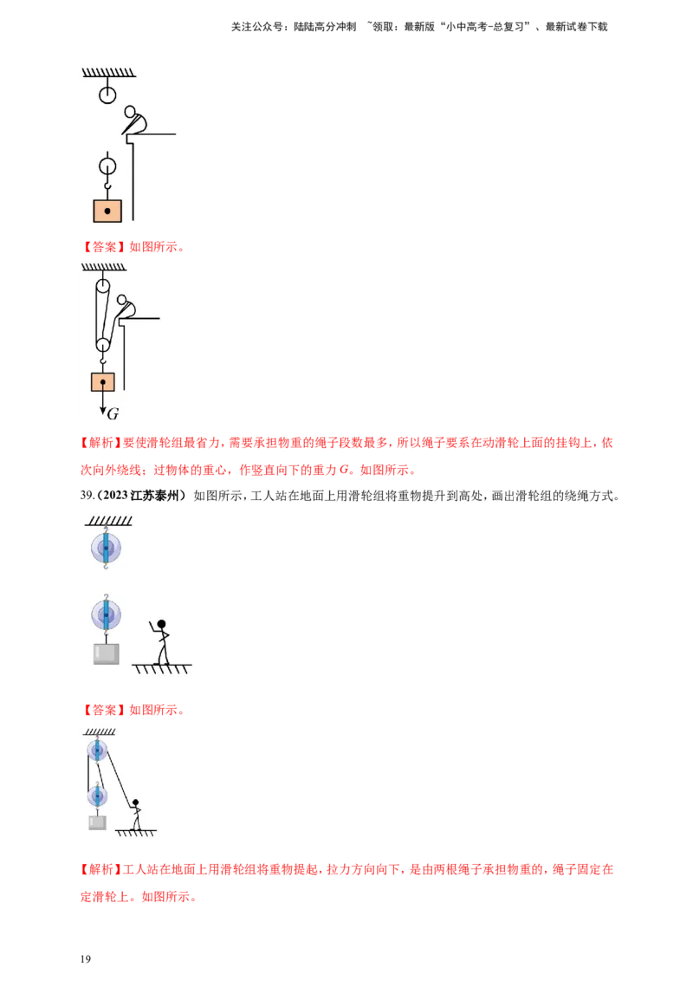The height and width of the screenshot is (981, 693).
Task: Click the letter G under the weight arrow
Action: pyautogui.click(x=113, y=413)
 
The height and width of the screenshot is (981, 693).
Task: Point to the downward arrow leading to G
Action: pyautogui.click(x=102, y=403)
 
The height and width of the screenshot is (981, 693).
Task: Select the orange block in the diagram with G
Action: pyautogui.click(x=103, y=381)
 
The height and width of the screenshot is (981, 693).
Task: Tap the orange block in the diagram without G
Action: pyautogui.click(x=107, y=211)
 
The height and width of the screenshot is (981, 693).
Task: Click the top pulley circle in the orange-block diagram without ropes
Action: pyautogui.click(x=107, y=94)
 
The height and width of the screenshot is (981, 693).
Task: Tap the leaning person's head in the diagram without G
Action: pyautogui.click(x=131, y=112)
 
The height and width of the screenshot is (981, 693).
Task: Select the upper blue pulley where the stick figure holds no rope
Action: pyautogui.click(x=107, y=547)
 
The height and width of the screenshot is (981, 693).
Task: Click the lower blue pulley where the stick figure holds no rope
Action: pyautogui.click(x=107, y=614)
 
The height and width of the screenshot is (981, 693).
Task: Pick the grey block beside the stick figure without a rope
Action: pyautogui.click(x=107, y=653)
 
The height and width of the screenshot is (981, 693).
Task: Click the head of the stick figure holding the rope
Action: pyautogui.click(x=135, y=802)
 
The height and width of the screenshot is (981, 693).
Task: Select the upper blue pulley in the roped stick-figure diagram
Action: pyautogui.click(x=97, y=750)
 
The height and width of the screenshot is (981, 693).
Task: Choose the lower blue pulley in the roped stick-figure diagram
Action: pyautogui.click(x=97, y=795)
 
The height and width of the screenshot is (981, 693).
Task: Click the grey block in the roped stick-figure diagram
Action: pyautogui.click(x=97, y=822)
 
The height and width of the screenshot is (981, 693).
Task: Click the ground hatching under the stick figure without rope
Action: pyautogui.click(x=161, y=668)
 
